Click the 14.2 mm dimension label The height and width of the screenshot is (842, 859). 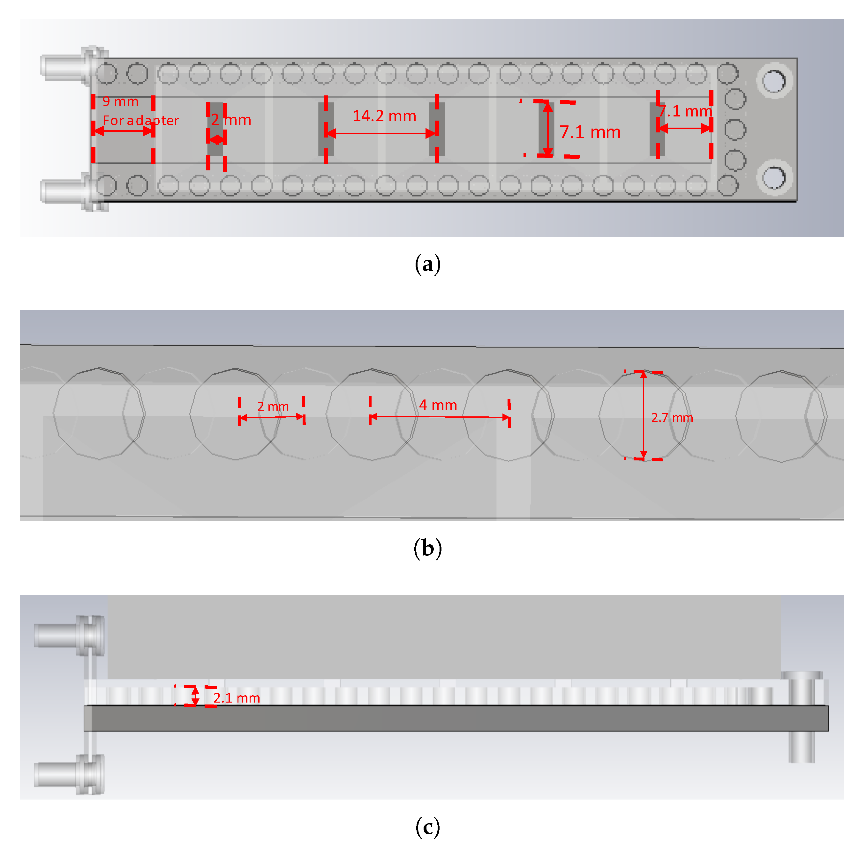[384, 116]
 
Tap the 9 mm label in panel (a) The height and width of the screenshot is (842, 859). [120, 101]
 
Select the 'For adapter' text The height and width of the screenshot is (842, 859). [141, 120]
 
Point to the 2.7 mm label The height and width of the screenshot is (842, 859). [671, 417]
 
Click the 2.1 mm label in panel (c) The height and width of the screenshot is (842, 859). [236, 698]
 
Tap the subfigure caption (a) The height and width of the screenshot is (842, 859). [427, 265]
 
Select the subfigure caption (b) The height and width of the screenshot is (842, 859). [427, 548]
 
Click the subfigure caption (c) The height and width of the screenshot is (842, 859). [427, 826]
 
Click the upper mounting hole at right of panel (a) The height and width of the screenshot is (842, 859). [774, 81]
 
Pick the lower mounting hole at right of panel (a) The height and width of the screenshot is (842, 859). [774, 177]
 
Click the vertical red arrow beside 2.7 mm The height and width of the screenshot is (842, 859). [643, 415]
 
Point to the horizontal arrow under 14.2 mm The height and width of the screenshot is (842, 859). [381, 133]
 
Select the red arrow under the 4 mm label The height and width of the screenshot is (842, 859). [440, 417]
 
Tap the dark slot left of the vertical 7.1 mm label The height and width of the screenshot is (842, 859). [546, 129]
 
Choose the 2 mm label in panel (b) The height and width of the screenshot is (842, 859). [273, 406]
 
